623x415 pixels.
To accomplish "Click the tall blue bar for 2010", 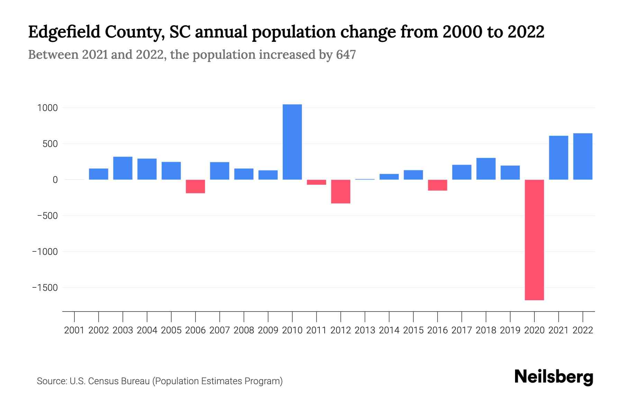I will click(x=292, y=142).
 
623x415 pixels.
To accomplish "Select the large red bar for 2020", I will click(x=534, y=240).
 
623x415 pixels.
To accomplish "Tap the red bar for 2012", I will click(x=341, y=191).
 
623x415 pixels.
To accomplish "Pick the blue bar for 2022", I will click(x=583, y=156).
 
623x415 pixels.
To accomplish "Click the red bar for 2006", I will click(x=195, y=186).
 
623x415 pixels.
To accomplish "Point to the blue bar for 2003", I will click(x=123, y=168).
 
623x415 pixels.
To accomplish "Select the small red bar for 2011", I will click(x=316, y=182).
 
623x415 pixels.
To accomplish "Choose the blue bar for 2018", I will click(x=486, y=169).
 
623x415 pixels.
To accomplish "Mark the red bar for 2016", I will click(x=437, y=185).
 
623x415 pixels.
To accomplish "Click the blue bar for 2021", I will click(x=558, y=158).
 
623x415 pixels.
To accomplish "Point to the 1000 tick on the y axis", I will click(x=47, y=108).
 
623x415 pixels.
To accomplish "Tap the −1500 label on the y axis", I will click(x=45, y=288).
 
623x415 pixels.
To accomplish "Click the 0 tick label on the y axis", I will click(x=55, y=180).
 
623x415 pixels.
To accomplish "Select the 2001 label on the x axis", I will click(x=74, y=330).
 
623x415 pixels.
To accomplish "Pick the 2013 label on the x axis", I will click(x=365, y=330).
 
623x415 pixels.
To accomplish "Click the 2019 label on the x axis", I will click(x=510, y=330).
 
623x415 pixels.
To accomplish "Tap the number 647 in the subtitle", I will click(x=345, y=55).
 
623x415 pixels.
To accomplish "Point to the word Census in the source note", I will click(x=104, y=381).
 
